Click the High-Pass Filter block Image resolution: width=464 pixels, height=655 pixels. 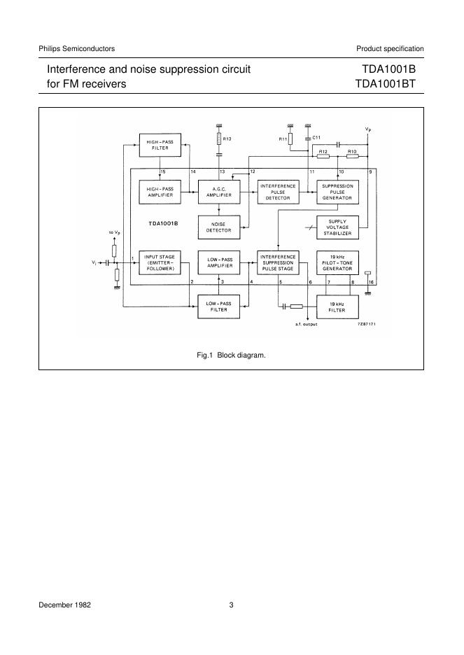[x=160, y=146]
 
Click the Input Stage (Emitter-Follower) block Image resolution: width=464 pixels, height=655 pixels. [x=160, y=262]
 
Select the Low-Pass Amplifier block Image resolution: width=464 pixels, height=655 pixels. [x=219, y=262]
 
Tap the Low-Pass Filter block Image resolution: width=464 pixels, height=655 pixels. [x=219, y=305]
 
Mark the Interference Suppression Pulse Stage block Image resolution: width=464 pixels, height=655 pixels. [x=278, y=262]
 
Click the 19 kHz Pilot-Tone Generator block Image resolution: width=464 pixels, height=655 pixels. [x=337, y=262]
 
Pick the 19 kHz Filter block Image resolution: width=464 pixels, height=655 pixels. [x=337, y=305]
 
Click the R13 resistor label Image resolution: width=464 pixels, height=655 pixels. [x=227, y=139]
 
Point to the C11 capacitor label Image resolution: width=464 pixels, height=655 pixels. [x=316, y=138]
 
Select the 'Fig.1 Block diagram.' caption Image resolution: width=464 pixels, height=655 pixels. [x=232, y=355]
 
